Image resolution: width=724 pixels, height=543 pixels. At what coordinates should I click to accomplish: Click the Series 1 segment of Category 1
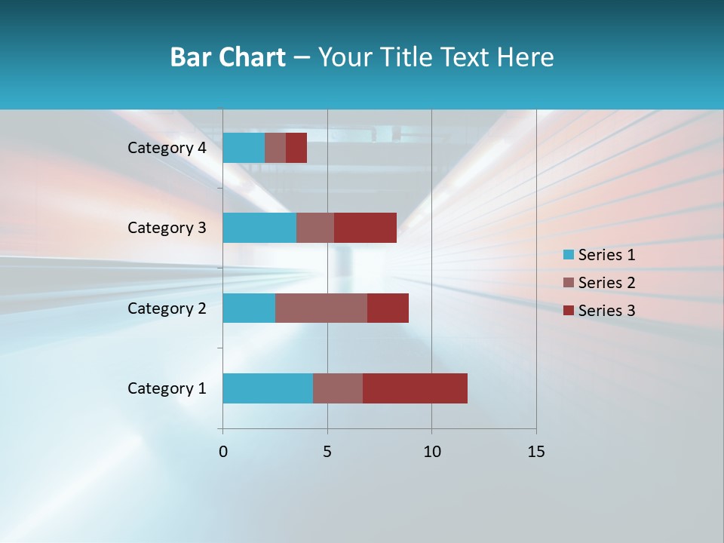coord(268,388)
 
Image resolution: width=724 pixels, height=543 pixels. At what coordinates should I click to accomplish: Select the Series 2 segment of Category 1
coord(338,388)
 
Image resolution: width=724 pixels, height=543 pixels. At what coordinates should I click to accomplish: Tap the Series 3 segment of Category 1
coord(415,388)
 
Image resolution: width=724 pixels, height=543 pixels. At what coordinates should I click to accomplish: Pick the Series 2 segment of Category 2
coord(321,308)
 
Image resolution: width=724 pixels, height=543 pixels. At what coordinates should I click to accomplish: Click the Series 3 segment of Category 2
coord(388,308)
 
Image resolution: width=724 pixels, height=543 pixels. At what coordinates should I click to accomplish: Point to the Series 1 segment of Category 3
coord(259,228)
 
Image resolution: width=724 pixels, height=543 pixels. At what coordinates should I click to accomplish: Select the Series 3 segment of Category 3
coord(365,228)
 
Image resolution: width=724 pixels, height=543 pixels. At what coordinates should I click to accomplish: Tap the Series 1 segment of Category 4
coord(244,148)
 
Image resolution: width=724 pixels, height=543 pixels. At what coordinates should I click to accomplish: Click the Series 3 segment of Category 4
coord(296,148)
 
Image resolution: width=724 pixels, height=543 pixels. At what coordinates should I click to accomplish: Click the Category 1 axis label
coord(167,388)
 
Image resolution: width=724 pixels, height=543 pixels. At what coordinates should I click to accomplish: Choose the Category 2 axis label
coord(167,308)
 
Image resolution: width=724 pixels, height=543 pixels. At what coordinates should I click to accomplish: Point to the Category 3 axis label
coord(167,228)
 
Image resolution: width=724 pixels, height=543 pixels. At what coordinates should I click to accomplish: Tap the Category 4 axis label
coord(167,148)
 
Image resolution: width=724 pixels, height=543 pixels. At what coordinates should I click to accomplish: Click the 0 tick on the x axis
coord(223,452)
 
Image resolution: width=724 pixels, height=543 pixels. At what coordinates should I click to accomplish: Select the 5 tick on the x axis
coord(327,452)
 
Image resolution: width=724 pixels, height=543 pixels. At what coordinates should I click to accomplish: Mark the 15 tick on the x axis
coord(535,452)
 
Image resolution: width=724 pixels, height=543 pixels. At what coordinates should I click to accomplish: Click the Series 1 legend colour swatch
coord(569,255)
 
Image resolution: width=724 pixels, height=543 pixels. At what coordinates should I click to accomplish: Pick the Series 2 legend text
coord(606,283)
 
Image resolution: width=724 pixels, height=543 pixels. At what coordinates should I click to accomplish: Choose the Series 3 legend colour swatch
coord(569,311)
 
